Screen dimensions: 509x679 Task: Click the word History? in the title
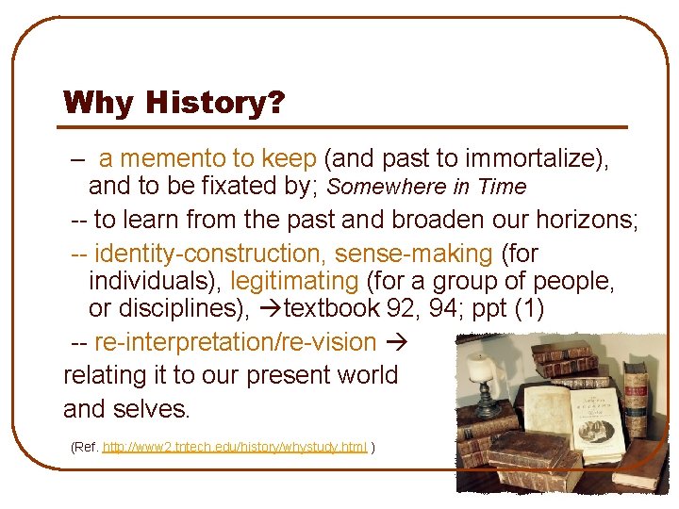pyautogui.click(x=215, y=102)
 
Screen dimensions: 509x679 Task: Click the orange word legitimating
pyautogui.click(x=294, y=281)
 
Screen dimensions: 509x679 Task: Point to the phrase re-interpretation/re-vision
pyautogui.click(x=236, y=341)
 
